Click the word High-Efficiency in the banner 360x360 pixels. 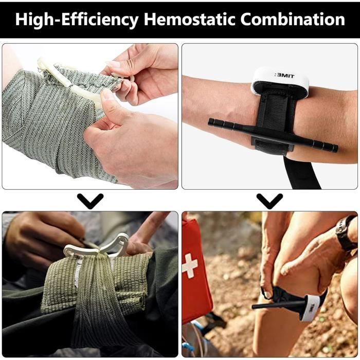click(77, 20)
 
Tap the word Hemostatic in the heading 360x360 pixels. click(189, 19)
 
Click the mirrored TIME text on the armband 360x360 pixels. click(284, 76)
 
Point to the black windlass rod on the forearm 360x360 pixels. click(273, 135)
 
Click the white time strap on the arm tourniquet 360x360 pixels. click(281, 80)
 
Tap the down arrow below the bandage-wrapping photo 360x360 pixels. click(90, 201)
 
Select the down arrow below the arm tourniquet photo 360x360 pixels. click(269, 201)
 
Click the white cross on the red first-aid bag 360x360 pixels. click(190, 266)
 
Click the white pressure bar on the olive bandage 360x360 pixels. click(97, 247)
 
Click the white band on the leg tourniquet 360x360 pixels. click(310, 308)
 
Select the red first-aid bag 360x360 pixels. click(196, 271)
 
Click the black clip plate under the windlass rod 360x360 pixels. click(272, 144)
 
